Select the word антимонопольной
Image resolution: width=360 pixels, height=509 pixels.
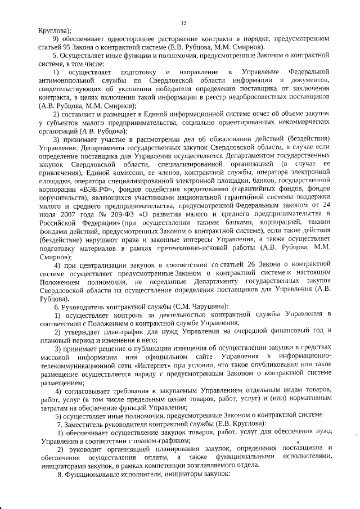68,83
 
